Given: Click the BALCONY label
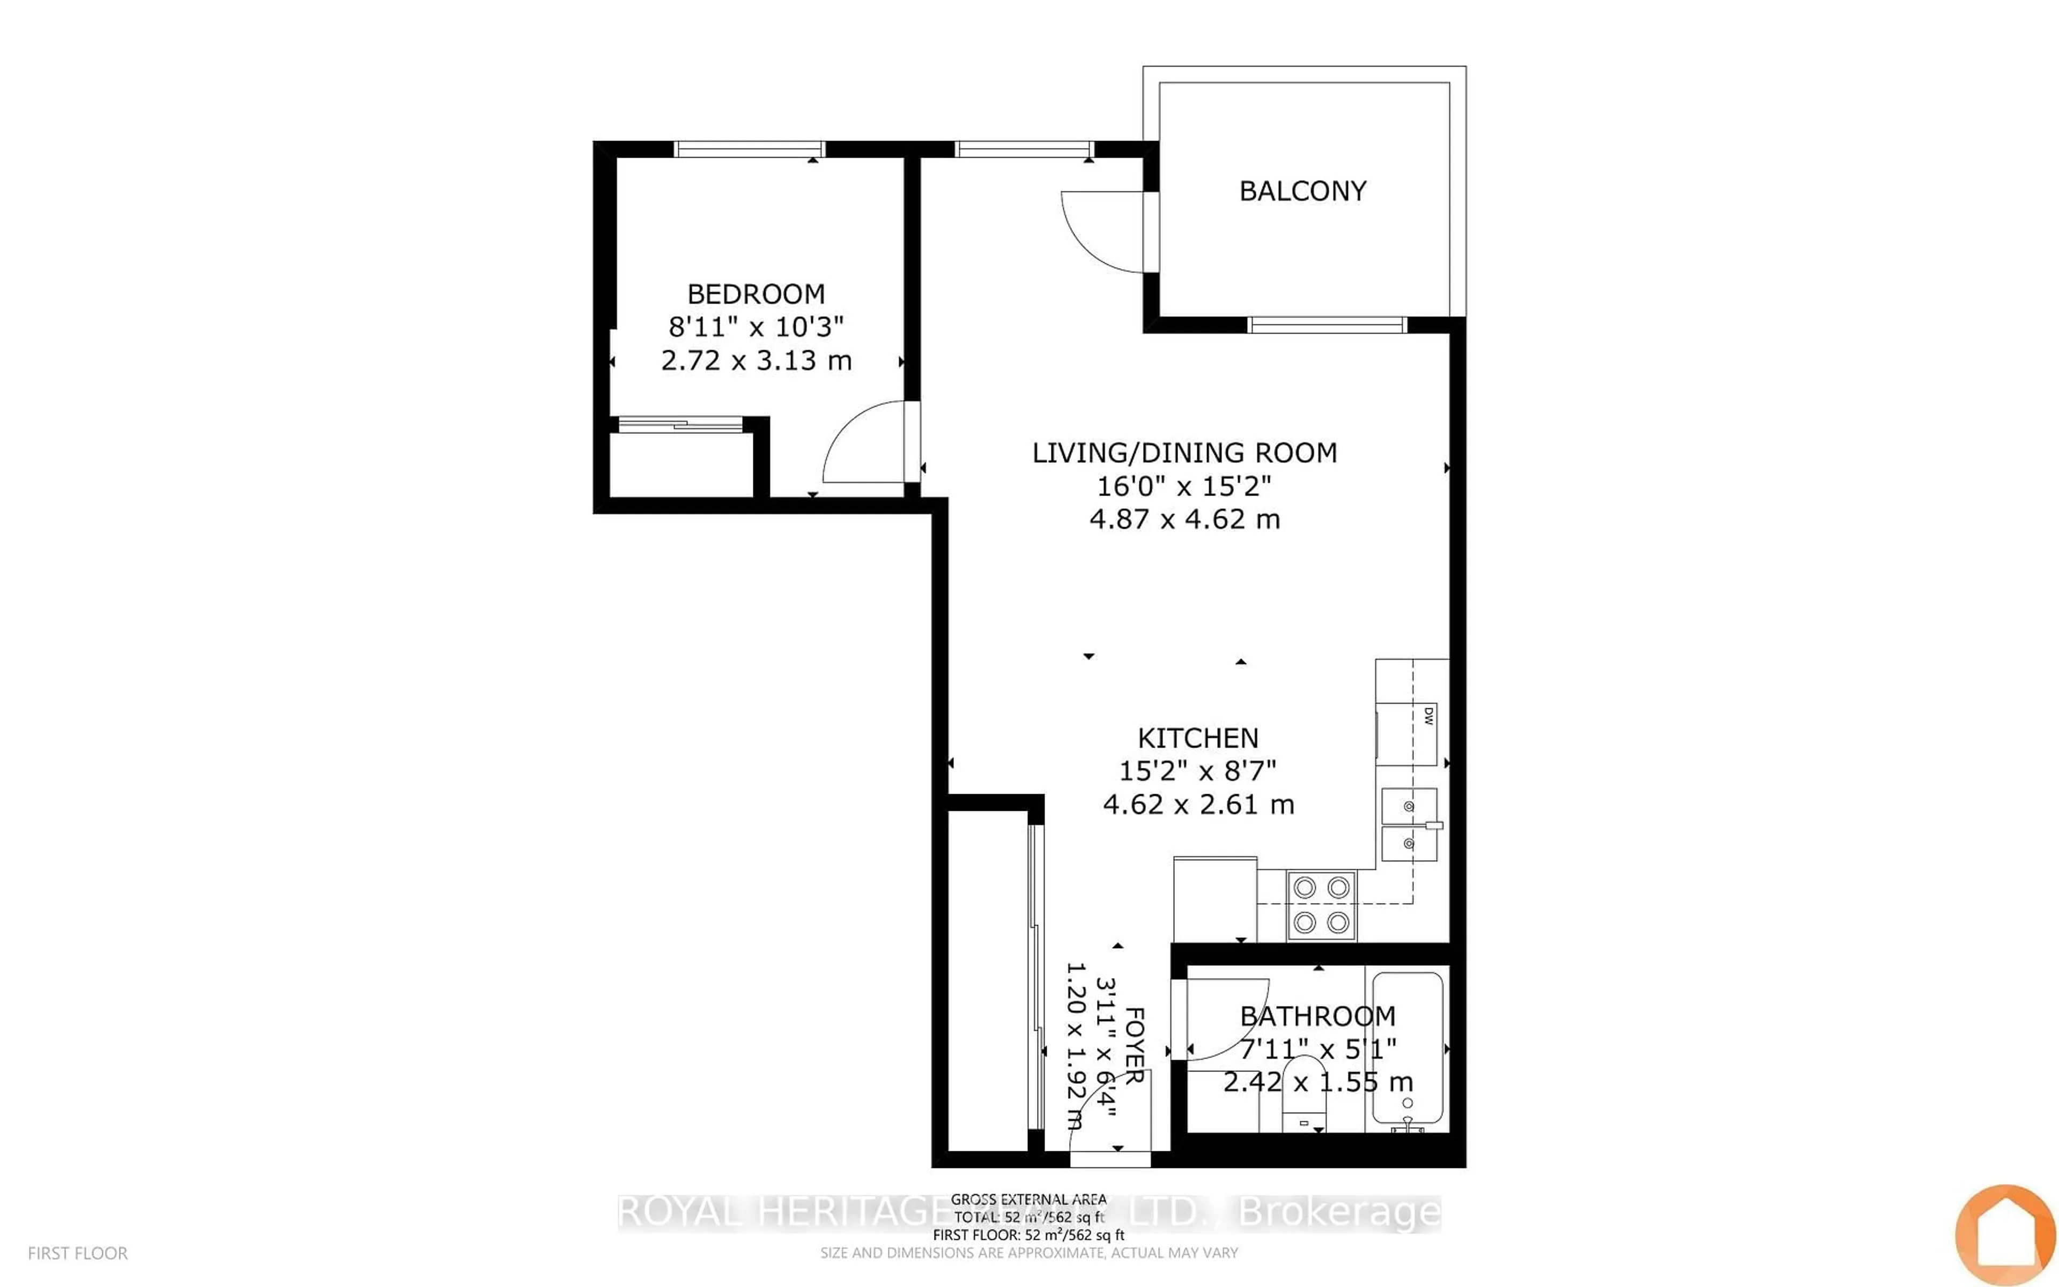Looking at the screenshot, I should [x=1302, y=191].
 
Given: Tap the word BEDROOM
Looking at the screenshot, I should [x=756, y=294].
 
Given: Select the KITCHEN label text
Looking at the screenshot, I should [x=1197, y=737].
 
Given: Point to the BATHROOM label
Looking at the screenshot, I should [x=1317, y=1016].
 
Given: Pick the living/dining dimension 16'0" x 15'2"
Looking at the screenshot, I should [x=1183, y=486].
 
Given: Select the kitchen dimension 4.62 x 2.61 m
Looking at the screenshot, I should [x=1198, y=804].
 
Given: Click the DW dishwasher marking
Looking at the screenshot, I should [x=1428, y=716].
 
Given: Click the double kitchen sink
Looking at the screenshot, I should [x=1409, y=825].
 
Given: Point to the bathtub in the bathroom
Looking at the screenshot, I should [x=1408, y=1049].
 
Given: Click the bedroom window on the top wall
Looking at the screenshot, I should [x=749, y=149].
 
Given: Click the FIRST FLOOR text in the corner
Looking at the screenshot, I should [x=77, y=1253].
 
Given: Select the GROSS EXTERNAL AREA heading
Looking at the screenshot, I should [x=1028, y=1199].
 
